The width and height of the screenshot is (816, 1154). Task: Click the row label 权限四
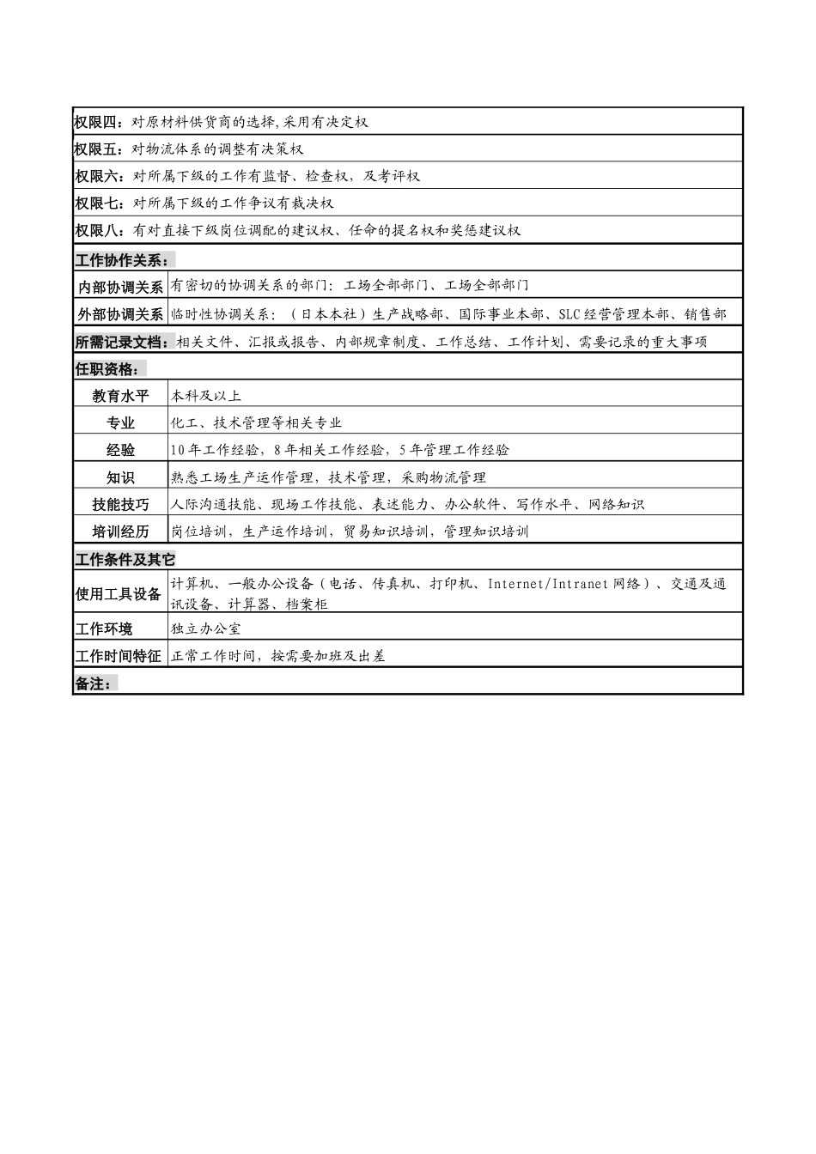99,122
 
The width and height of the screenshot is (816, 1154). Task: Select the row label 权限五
99,149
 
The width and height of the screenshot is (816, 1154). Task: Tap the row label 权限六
100,176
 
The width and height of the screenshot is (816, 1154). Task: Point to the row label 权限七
100,203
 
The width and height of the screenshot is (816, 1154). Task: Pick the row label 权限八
99,230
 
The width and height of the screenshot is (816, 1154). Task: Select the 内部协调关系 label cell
120,287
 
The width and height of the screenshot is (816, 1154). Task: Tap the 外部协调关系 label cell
120,314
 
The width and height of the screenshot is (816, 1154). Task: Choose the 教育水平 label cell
120,396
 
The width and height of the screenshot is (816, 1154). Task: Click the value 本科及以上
206,396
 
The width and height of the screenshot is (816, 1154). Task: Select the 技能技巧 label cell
120,504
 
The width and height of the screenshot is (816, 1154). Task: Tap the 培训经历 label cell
120,531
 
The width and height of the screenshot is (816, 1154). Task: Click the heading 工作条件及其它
125,560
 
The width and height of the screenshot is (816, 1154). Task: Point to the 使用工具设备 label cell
119,594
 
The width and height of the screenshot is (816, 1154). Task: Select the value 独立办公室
206,629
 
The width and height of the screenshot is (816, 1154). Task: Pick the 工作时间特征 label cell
119,656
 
